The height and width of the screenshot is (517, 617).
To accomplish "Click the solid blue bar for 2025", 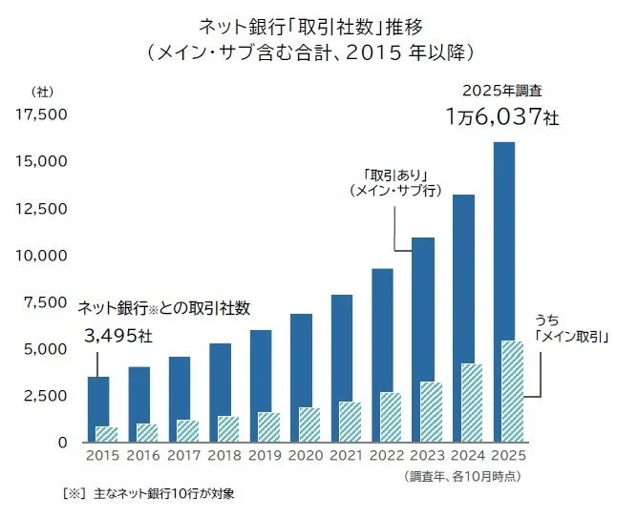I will coord(503,238).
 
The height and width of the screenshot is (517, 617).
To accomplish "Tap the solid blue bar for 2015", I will coord(97,401).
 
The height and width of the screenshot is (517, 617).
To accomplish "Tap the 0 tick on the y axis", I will coord(59,442).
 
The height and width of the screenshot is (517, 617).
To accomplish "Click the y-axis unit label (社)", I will coord(42,92).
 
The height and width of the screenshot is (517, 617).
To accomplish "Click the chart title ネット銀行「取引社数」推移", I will coord(308,23).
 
